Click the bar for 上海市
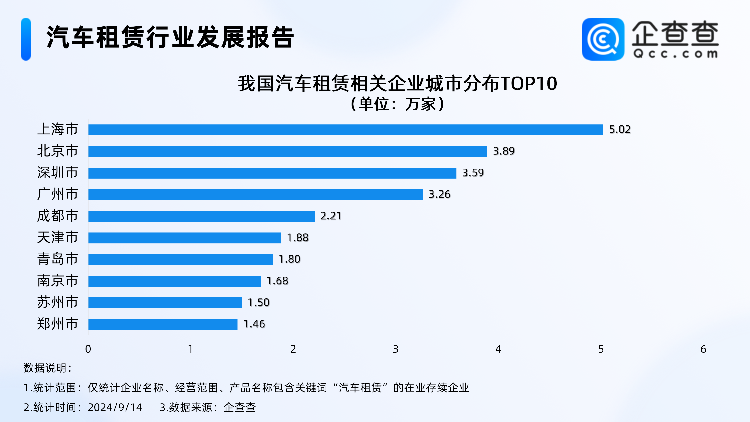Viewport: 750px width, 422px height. pos(346,130)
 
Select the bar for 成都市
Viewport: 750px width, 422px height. pos(202,216)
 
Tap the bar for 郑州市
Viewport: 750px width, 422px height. pos(163,324)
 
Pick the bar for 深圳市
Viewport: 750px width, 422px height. pos(272,173)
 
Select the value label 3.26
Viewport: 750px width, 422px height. pos(439,194)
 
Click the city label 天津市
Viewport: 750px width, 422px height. pos(58,237)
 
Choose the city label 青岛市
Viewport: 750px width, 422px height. pos(58,259)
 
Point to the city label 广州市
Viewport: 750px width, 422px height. pos(58,194)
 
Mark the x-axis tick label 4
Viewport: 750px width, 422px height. pos(498,349)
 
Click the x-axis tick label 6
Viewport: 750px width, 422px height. pos(703,349)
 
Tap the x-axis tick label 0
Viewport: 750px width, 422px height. pos(88,349)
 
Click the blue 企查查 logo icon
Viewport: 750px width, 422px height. pos(603,39)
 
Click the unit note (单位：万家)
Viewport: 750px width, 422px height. pos(397,104)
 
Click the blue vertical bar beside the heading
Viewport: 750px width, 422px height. pos(26,39)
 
